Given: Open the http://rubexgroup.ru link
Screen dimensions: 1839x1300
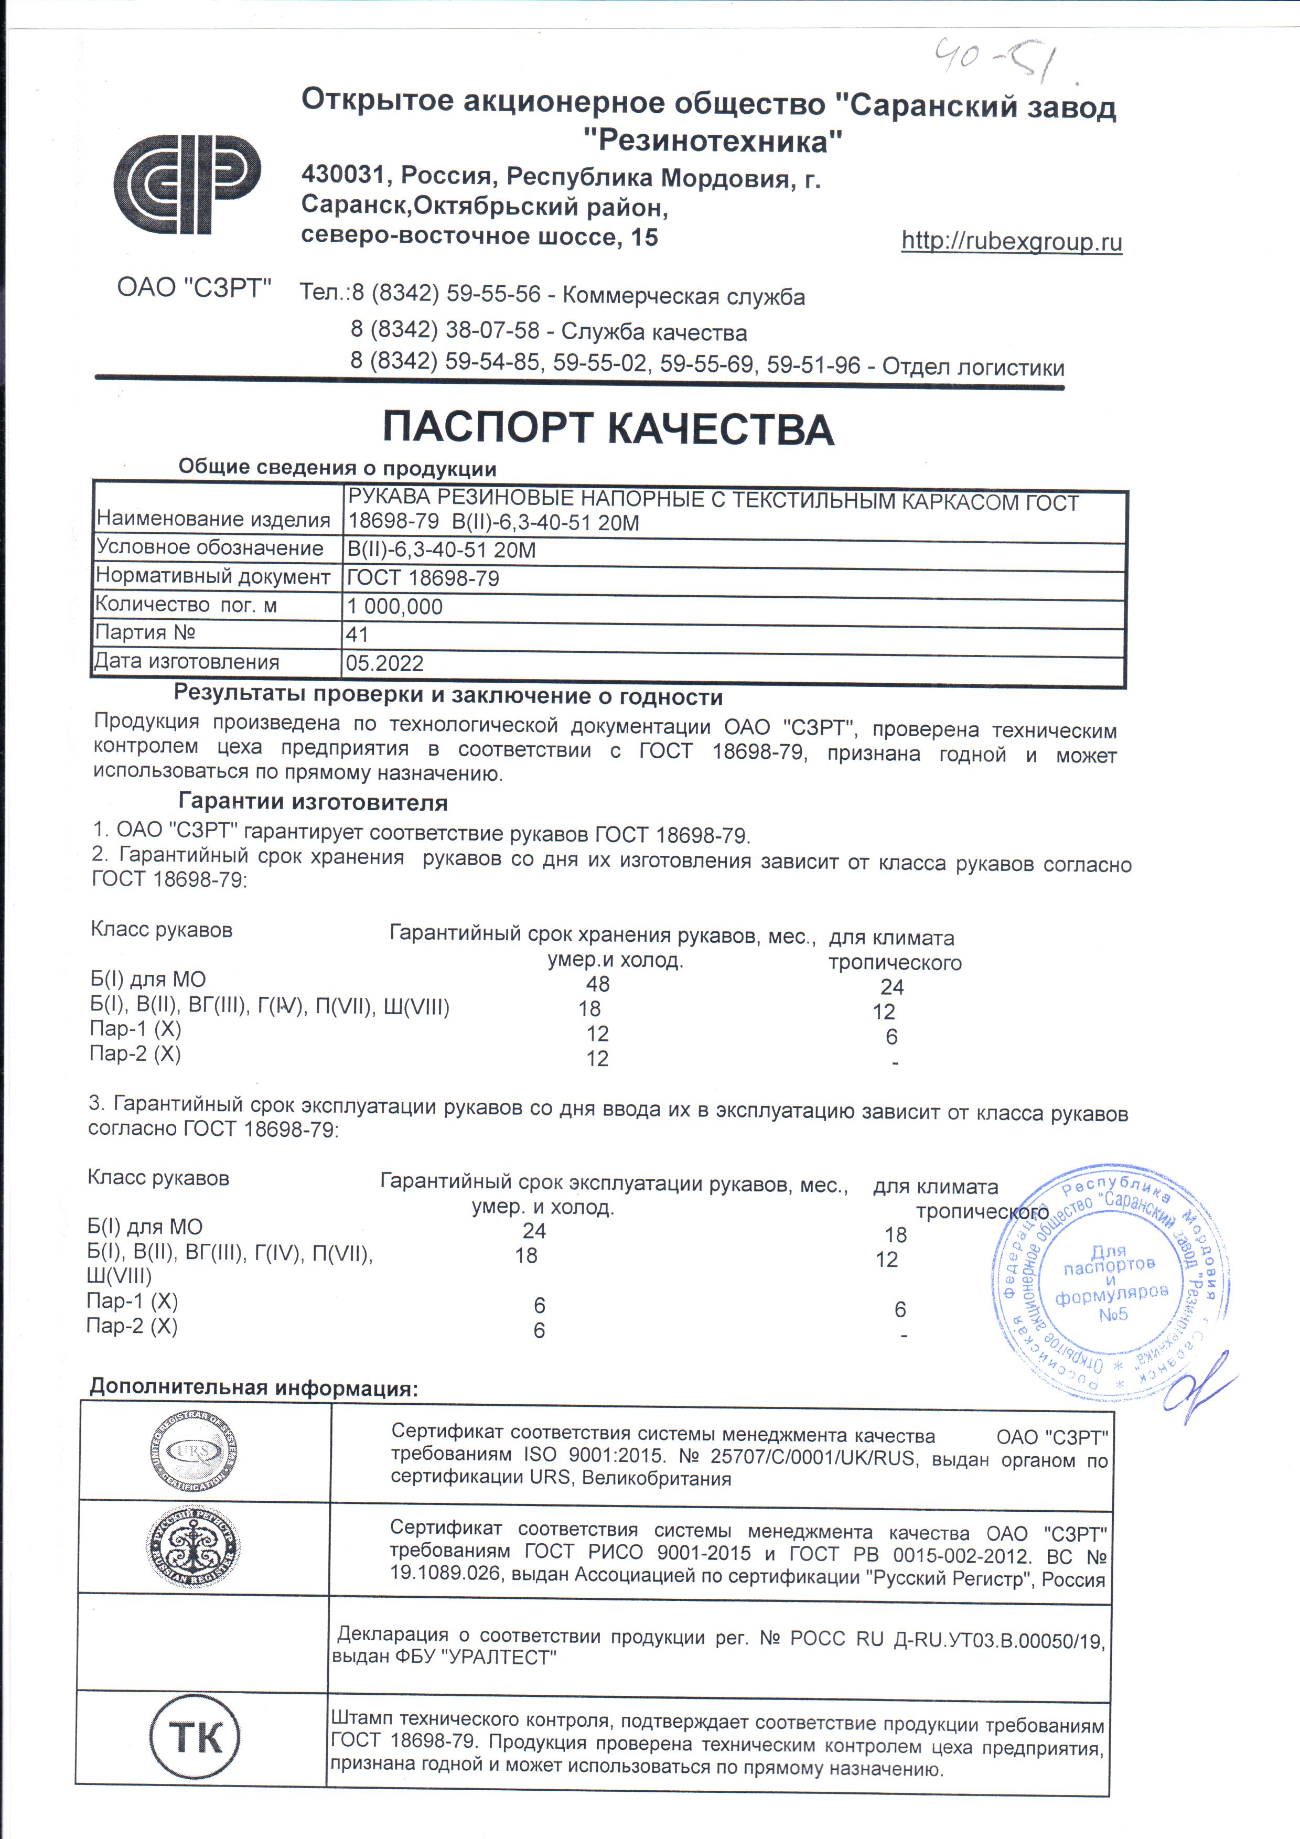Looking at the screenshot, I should coord(1011,241).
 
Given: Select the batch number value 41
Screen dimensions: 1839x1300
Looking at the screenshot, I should coord(357,634).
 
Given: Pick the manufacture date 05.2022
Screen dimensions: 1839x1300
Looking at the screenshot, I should coord(384,663).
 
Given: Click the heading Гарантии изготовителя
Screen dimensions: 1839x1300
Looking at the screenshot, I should coord(313,802).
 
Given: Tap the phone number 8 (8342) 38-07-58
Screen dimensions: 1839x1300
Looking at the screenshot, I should coord(445,330).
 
